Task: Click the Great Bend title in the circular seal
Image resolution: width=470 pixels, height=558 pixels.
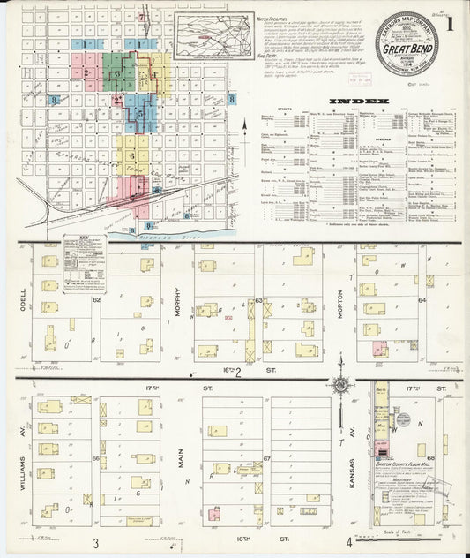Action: click(403, 50)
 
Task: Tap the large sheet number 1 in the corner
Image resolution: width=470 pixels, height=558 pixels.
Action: click(450, 25)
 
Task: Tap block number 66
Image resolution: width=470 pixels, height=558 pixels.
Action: click(94, 458)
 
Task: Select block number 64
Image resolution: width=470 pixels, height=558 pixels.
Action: click(422, 300)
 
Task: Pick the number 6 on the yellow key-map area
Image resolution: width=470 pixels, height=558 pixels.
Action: click(133, 156)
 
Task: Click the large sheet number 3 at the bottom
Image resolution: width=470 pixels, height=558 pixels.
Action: click(94, 540)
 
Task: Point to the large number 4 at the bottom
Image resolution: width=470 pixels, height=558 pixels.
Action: click(349, 540)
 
